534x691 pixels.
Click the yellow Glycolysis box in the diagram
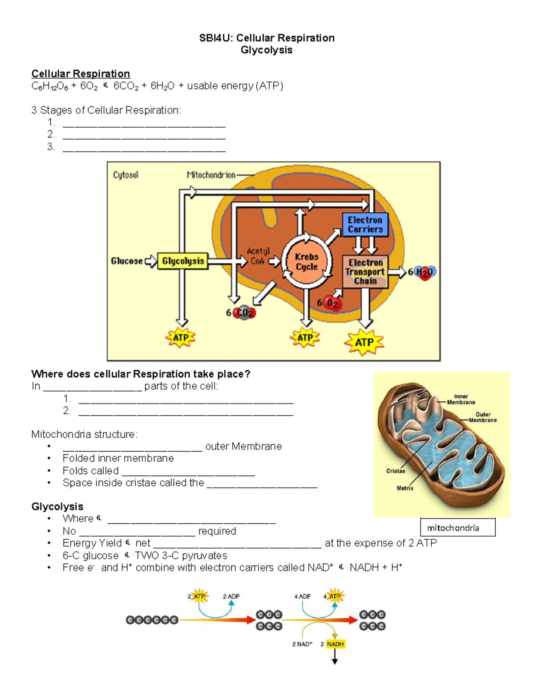(182, 261)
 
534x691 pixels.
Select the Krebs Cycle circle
(307, 262)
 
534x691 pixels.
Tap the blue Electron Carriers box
(365, 225)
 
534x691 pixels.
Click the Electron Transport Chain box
(365, 272)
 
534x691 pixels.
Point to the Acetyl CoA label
(258, 256)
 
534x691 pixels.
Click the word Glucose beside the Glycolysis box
(127, 261)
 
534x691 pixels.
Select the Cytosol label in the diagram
(125, 175)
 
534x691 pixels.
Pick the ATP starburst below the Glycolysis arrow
(180, 338)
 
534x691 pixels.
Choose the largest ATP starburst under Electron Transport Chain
(364, 342)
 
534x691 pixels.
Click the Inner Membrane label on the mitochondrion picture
(461, 399)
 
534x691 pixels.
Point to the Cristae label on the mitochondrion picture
(396, 471)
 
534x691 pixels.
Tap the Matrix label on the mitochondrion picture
(405, 488)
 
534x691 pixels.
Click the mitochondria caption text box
(457, 528)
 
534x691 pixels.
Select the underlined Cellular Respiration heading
(81, 74)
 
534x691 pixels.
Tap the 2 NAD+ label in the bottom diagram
(302, 644)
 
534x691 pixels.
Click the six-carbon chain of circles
(152, 620)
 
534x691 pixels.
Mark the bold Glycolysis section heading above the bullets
(57, 506)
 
